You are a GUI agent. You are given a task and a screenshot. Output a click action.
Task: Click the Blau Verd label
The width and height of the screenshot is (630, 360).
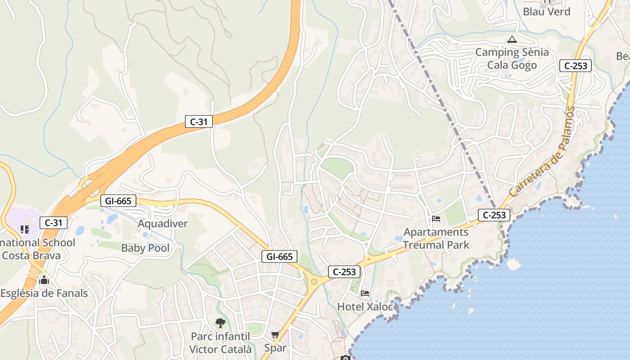(546, 12)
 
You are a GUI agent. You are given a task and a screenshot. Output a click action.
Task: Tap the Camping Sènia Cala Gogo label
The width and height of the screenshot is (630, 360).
(512, 58)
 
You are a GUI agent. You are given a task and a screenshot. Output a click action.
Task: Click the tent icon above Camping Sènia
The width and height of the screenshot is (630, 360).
(512, 40)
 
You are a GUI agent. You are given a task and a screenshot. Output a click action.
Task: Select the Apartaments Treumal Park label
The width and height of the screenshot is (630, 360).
(436, 238)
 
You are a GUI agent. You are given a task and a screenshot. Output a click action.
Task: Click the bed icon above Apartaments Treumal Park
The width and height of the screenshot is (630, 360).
(436, 219)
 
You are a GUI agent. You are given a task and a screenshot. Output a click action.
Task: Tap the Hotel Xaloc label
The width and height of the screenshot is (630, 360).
(365, 307)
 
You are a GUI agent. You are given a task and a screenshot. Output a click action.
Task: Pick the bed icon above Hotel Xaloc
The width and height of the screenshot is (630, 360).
(365, 293)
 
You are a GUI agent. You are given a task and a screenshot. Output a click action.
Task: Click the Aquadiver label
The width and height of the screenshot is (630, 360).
(163, 224)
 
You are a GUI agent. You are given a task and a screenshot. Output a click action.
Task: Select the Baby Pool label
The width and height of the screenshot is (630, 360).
(145, 248)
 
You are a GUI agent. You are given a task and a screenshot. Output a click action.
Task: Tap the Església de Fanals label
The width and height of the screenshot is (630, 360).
(44, 293)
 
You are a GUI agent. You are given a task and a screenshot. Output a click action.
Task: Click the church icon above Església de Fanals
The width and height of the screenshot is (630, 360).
(44, 281)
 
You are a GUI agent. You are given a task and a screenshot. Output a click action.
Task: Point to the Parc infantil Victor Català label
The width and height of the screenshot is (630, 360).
(220, 343)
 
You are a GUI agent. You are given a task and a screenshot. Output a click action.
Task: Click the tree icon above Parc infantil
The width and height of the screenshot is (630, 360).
(220, 323)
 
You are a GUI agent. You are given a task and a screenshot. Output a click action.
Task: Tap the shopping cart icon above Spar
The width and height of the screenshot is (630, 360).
(275, 335)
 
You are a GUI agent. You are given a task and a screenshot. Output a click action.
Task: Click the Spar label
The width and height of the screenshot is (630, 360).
(275, 348)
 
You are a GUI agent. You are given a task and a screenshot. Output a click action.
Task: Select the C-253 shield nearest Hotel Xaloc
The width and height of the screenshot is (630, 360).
(344, 272)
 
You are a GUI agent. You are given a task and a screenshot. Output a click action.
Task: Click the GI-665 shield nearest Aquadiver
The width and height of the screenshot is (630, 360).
(118, 201)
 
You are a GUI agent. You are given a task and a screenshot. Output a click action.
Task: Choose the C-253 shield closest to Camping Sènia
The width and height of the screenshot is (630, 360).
(576, 66)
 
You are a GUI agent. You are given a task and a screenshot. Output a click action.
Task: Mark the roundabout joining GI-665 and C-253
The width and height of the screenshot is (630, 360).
(314, 282)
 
